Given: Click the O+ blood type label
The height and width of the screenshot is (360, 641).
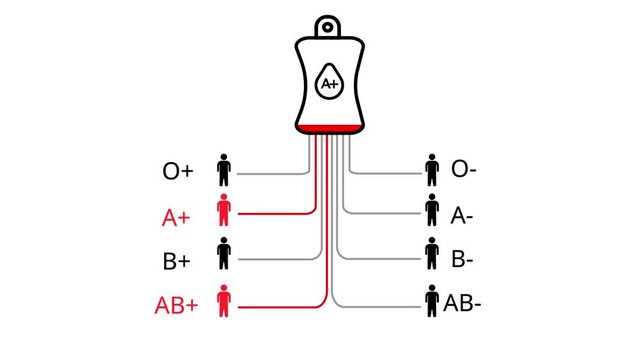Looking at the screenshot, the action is pos(178,171).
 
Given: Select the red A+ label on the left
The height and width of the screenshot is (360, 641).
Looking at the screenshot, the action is pos(178,217).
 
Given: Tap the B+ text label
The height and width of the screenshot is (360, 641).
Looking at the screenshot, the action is pos(178,263).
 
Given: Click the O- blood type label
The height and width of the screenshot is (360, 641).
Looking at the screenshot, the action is pos(463,170).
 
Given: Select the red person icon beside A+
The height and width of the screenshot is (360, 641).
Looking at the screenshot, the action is pos(224,213).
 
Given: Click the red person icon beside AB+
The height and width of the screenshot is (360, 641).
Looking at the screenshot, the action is pos(224,301).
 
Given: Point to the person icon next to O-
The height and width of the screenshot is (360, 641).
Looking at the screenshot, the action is pos(432,169).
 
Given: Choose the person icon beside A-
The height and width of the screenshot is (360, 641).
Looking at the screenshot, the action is pos(432,211).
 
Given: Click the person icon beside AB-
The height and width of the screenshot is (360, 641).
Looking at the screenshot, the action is pos(432,300).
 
